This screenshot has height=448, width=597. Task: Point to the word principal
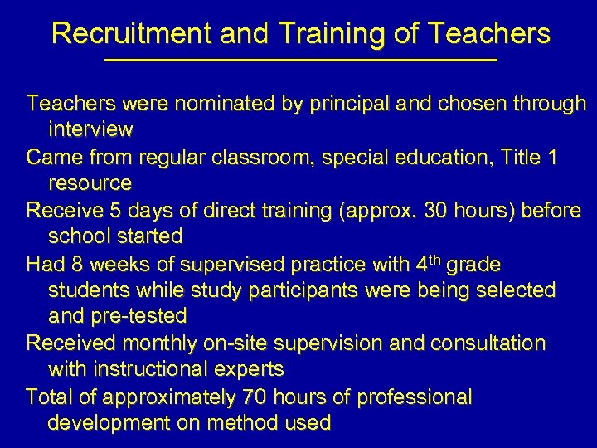click(313, 104)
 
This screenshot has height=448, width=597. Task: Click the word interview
click(90, 129)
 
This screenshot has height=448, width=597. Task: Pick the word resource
click(90, 183)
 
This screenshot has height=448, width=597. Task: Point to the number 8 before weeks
click(79, 264)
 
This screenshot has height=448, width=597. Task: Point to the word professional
click(415, 397)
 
